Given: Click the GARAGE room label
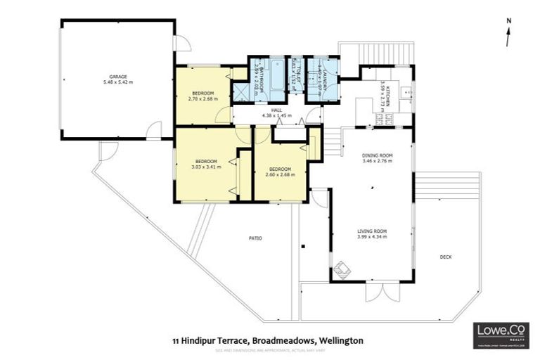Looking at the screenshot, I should click(x=117, y=76).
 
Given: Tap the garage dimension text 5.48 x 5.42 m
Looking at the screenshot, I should click(x=117, y=82).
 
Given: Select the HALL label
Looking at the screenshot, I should click(x=276, y=109).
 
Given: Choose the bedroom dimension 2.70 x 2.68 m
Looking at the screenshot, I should click(x=203, y=98).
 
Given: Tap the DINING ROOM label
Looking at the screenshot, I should click(x=377, y=155).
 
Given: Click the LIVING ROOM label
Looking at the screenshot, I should click(x=372, y=231).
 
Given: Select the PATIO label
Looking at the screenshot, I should click(x=255, y=238).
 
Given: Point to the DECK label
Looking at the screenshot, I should click(x=445, y=257).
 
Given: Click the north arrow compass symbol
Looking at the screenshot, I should click(x=507, y=34).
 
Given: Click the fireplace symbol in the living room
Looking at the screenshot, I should click(x=342, y=269).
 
